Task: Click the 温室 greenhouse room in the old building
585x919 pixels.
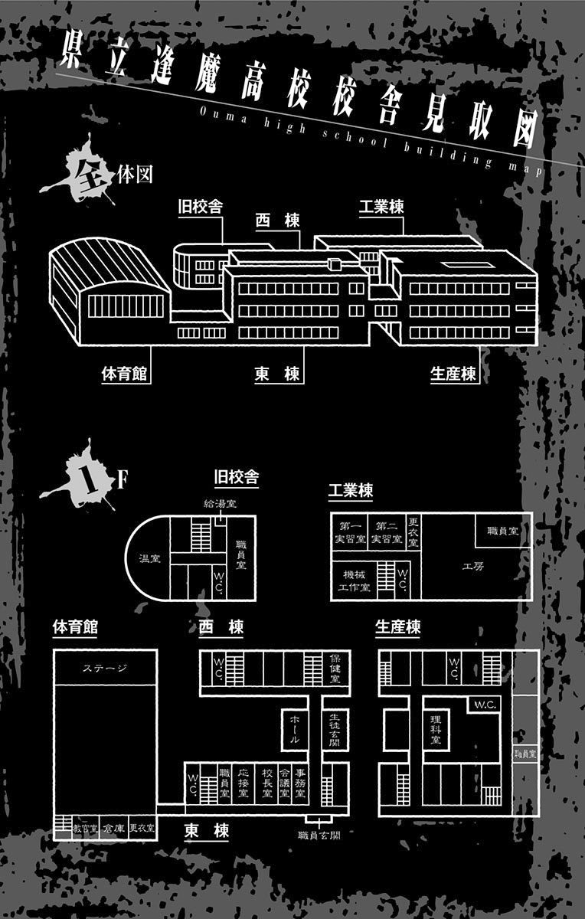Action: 149,559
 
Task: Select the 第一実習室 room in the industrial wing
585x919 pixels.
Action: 351,532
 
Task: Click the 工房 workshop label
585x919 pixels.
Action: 472,567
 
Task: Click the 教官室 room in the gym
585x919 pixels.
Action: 85,828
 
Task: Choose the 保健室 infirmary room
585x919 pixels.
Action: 335,669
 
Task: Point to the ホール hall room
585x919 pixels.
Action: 296,729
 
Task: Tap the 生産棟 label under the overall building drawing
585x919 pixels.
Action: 453,374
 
